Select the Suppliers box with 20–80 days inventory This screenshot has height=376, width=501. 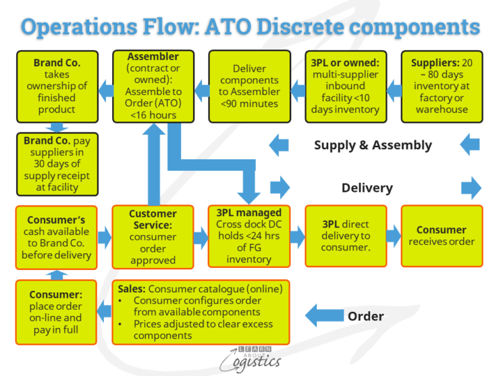coord(442,86)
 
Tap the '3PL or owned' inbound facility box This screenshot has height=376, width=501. coord(345,86)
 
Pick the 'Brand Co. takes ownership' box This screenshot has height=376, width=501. coord(56,86)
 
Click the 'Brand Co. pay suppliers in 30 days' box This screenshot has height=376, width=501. coord(56,163)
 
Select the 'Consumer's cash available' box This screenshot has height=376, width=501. coord(56,237)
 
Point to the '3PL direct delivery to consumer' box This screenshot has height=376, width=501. coord(345,237)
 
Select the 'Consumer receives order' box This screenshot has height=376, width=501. coord(442,237)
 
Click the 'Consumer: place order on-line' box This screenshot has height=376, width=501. coord(56,311)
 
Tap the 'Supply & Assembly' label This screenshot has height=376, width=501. coord(373,144)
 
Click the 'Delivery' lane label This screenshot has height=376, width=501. coord(367,188)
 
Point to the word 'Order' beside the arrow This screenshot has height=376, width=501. coord(365,316)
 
